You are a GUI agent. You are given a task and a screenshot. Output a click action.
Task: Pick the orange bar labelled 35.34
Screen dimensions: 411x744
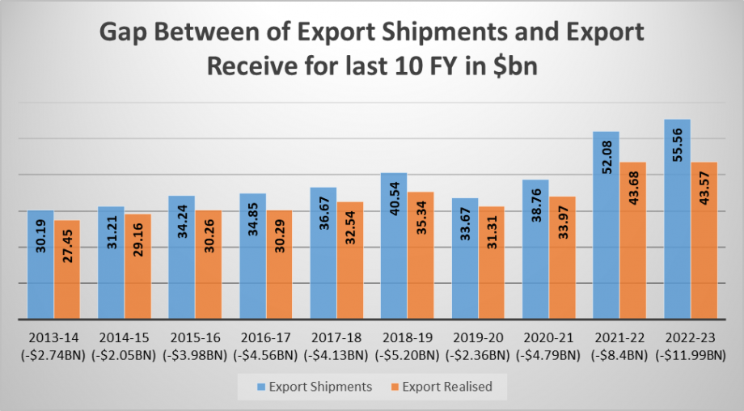(x=421, y=255)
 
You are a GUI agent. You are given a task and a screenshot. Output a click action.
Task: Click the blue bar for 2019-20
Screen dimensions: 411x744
(x=464, y=258)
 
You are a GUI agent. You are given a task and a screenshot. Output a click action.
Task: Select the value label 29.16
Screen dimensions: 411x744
(x=138, y=252)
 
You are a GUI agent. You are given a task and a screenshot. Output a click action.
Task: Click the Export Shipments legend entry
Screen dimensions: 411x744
(x=314, y=387)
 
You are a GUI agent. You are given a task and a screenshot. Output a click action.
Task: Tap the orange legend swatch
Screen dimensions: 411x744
(x=392, y=387)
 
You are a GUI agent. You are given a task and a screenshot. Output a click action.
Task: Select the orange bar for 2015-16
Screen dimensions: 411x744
(x=209, y=265)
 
